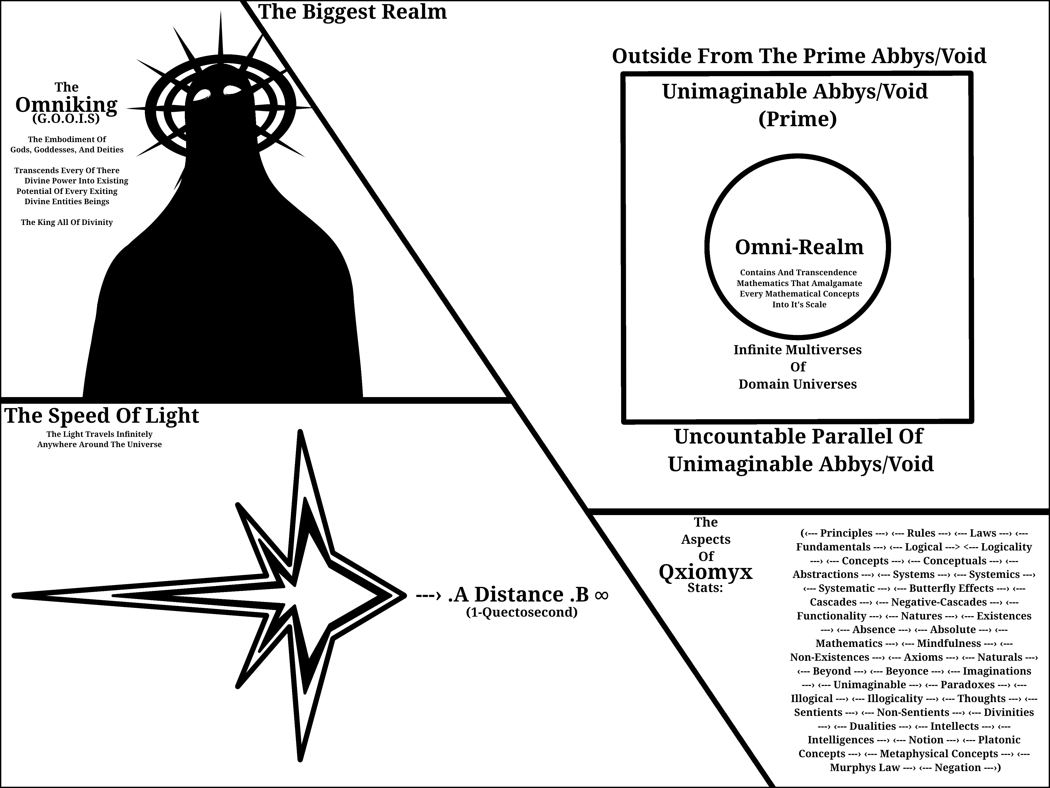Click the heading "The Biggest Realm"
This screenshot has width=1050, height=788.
point(352,12)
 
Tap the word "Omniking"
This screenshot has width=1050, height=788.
point(66,105)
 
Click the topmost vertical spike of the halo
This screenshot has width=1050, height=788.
point(221,33)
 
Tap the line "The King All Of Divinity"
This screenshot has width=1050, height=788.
point(67,222)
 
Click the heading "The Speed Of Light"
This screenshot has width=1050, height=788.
point(102,416)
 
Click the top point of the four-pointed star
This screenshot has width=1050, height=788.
point(300,432)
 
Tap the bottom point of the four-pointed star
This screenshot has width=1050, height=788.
point(300,759)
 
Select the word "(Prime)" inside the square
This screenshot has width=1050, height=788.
point(797,119)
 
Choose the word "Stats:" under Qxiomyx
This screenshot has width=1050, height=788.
point(705,588)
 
